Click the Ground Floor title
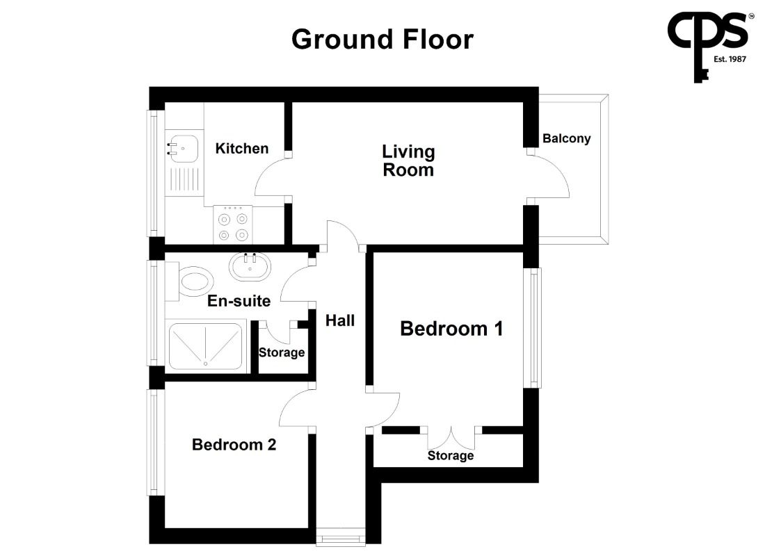pyautogui.click(x=382, y=39)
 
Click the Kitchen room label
pyautogui.click(x=242, y=148)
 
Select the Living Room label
pyautogui.click(x=408, y=161)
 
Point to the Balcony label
pyautogui.click(x=566, y=138)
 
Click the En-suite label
pyautogui.click(x=239, y=301)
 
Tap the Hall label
pyautogui.click(x=340, y=320)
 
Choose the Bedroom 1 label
pyautogui.click(x=451, y=329)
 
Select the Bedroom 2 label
pyautogui.click(x=234, y=444)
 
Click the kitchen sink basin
pyautogui.click(x=184, y=148)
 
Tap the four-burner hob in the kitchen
pyautogui.click(x=233, y=224)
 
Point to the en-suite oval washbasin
pyautogui.click(x=250, y=267)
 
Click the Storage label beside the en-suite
pyautogui.click(x=282, y=352)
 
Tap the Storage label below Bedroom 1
pyautogui.click(x=451, y=455)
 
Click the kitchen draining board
pyautogui.click(x=184, y=179)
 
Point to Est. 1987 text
pyautogui.click(x=730, y=59)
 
